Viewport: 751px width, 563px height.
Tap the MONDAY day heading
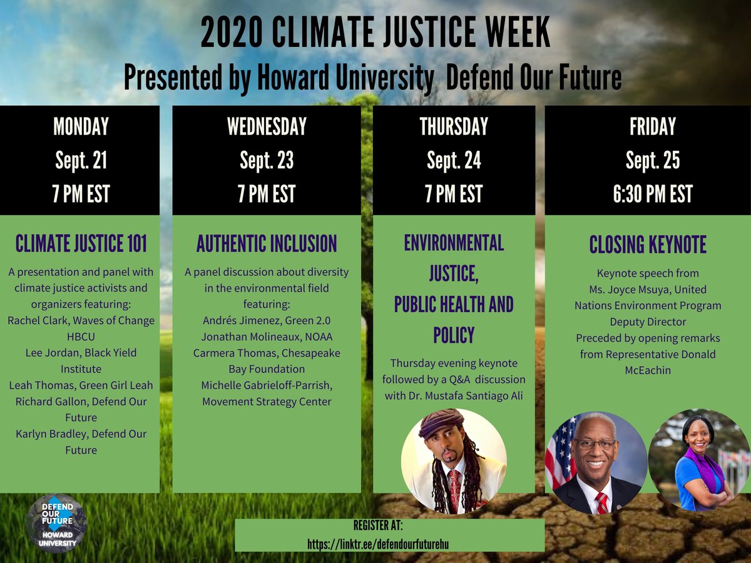coord(81,127)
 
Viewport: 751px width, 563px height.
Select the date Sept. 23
coord(267,161)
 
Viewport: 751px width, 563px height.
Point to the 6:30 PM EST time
coord(652,194)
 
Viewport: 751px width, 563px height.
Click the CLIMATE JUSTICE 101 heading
coord(81,243)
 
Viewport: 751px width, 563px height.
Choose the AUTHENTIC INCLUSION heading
coord(267,243)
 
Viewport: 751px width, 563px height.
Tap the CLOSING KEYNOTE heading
coord(648,245)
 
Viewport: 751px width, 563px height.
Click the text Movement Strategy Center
coord(267,401)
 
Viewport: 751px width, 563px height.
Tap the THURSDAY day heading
coord(454,127)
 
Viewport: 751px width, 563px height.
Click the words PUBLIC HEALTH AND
coord(454,305)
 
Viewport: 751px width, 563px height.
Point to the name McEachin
coord(648,370)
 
